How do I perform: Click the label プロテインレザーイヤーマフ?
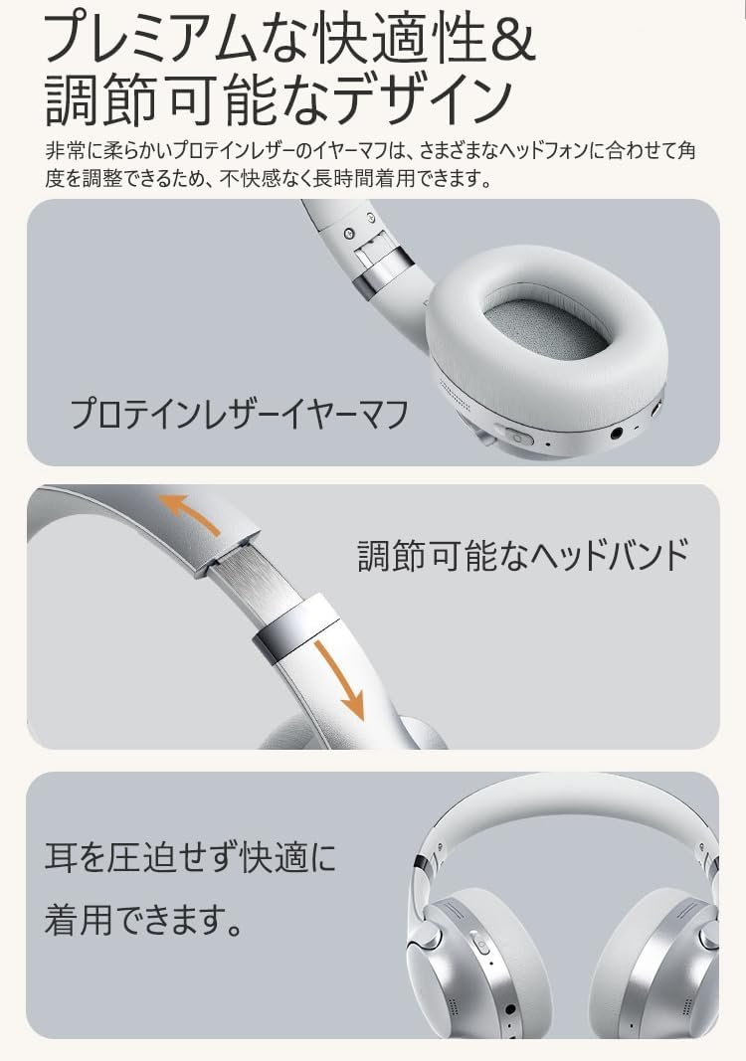[x=240, y=414]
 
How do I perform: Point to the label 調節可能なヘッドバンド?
[x=522, y=556]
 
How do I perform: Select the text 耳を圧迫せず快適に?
[x=190, y=857]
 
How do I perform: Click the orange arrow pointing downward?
[x=340, y=679]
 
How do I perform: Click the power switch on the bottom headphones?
[x=479, y=946]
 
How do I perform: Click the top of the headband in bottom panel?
[x=569, y=798]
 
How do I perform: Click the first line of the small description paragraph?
[x=370, y=149]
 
